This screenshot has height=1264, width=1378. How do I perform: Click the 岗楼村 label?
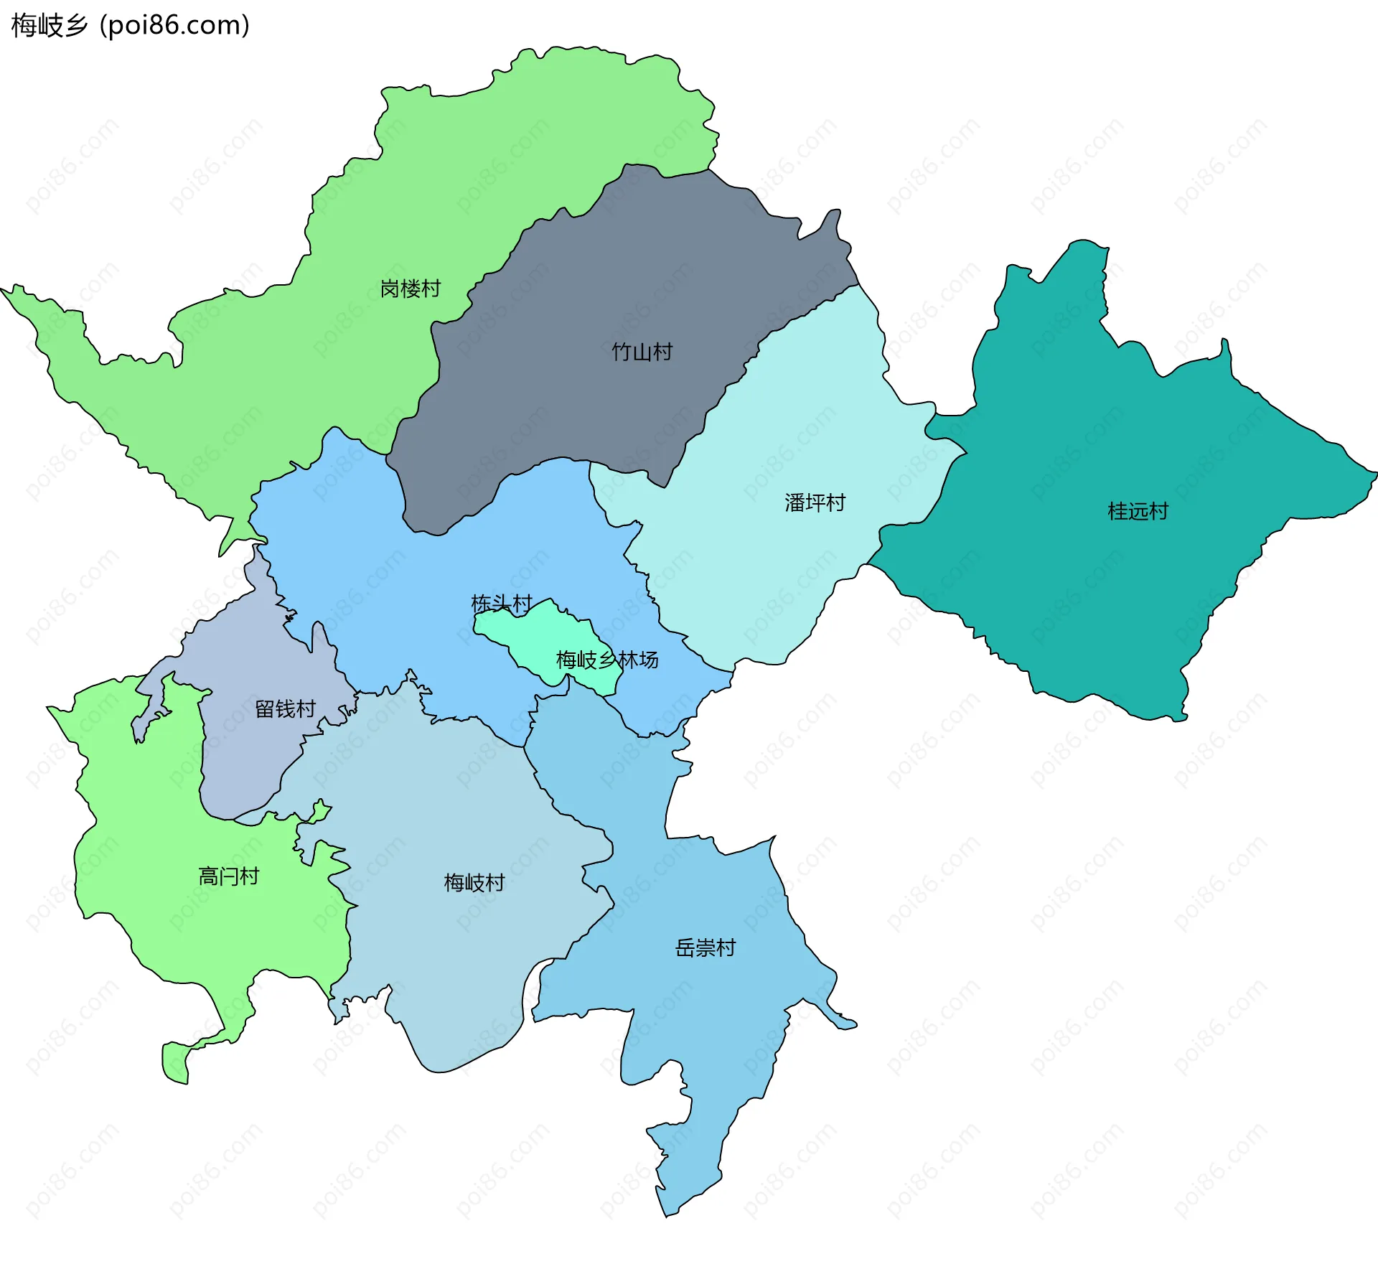410,289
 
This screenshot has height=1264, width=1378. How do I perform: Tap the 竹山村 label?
642,352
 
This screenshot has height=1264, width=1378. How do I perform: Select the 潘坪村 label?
815,502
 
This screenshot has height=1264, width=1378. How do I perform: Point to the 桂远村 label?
1138,511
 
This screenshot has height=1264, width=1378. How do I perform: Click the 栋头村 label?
501,604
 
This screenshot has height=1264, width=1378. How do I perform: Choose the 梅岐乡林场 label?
607,660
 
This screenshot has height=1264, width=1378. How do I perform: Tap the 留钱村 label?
285,709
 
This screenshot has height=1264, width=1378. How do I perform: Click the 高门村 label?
228,876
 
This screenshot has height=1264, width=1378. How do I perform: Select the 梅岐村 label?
474,882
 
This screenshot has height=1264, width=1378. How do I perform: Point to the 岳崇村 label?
705,948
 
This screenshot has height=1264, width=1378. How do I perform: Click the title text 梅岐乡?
49,25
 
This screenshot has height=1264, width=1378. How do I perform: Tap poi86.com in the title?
174,25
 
